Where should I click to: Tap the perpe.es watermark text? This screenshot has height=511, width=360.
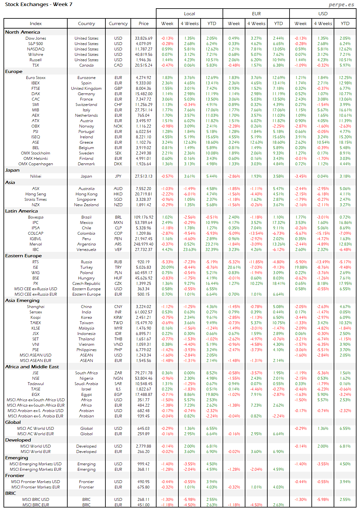(341, 4)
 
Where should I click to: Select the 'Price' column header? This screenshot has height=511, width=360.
(143, 23)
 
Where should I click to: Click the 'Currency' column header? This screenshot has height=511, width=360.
(118, 23)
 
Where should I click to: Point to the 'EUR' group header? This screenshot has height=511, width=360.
(256, 14)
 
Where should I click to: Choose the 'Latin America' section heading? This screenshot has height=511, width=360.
(21, 211)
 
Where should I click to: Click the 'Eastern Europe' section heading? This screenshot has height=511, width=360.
(23, 256)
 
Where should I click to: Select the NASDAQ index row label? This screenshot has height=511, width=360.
(36, 49)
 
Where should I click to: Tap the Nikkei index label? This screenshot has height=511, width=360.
(36, 176)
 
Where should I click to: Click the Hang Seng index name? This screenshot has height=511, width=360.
(36, 194)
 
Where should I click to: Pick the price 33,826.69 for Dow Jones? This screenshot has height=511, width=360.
(143, 38)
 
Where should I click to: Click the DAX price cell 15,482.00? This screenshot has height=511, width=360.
(143, 94)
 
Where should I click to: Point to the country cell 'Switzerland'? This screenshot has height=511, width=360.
(86, 105)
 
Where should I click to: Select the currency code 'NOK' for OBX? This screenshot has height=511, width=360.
(118, 126)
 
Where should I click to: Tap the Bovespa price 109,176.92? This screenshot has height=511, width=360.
(143, 217)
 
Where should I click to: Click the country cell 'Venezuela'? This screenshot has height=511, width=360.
(86, 250)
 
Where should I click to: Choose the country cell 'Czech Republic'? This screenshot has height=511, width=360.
(86, 284)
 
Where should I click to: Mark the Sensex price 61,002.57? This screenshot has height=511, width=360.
(143, 312)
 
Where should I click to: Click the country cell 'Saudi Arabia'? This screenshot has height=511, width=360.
(86, 384)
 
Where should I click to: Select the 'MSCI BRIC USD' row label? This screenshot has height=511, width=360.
(36, 500)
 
